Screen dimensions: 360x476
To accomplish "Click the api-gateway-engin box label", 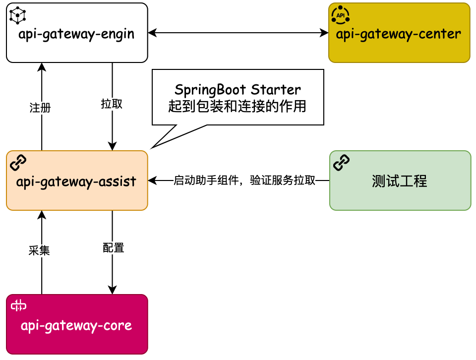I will click(76, 34).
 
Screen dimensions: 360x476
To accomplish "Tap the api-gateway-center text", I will click(399, 34).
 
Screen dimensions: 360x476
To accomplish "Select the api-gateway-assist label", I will click(76, 181).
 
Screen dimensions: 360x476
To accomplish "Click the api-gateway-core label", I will click(76, 326).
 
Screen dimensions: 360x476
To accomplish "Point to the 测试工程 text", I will click(400, 181).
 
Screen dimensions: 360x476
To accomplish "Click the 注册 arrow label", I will click(40, 108).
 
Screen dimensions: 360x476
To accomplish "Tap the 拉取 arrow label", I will click(112, 104).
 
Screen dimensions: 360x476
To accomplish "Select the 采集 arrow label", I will click(40, 251).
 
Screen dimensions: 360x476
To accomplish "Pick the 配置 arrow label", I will click(113, 248).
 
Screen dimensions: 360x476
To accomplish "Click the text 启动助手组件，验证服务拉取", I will click(244, 181).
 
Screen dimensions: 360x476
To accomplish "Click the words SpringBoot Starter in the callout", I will click(238, 90).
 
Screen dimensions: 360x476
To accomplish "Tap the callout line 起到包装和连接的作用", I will click(238, 106).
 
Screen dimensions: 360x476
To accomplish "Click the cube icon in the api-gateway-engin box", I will click(18, 16).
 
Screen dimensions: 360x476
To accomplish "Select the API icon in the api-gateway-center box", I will click(340, 15).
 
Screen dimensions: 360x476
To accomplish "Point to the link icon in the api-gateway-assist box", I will click(18, 162).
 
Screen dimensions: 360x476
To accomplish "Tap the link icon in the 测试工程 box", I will click(342, 162).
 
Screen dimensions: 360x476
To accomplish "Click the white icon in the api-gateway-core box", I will click(19, 306).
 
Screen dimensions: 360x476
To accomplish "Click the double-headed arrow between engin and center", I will click(238, 33).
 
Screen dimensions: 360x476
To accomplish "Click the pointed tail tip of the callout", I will click(152, 147).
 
